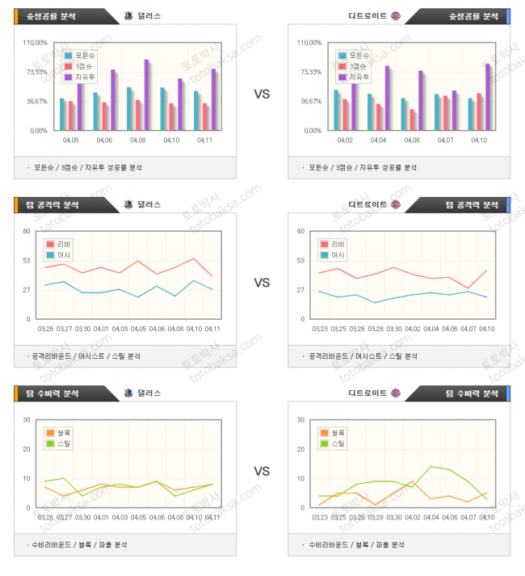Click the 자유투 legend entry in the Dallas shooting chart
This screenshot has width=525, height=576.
(79, 77)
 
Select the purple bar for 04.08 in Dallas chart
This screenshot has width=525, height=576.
(147, 95)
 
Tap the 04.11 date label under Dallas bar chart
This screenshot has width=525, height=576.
(204, 141)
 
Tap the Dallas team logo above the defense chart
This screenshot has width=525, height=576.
(129, 393)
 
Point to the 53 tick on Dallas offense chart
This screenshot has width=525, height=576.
(27, 260)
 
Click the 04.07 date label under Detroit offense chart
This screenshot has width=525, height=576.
(467, 329)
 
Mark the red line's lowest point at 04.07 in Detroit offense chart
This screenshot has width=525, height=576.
(467, 288)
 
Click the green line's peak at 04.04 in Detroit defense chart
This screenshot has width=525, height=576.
(431, 467)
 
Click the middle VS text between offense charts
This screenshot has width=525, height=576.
(262, 283)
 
